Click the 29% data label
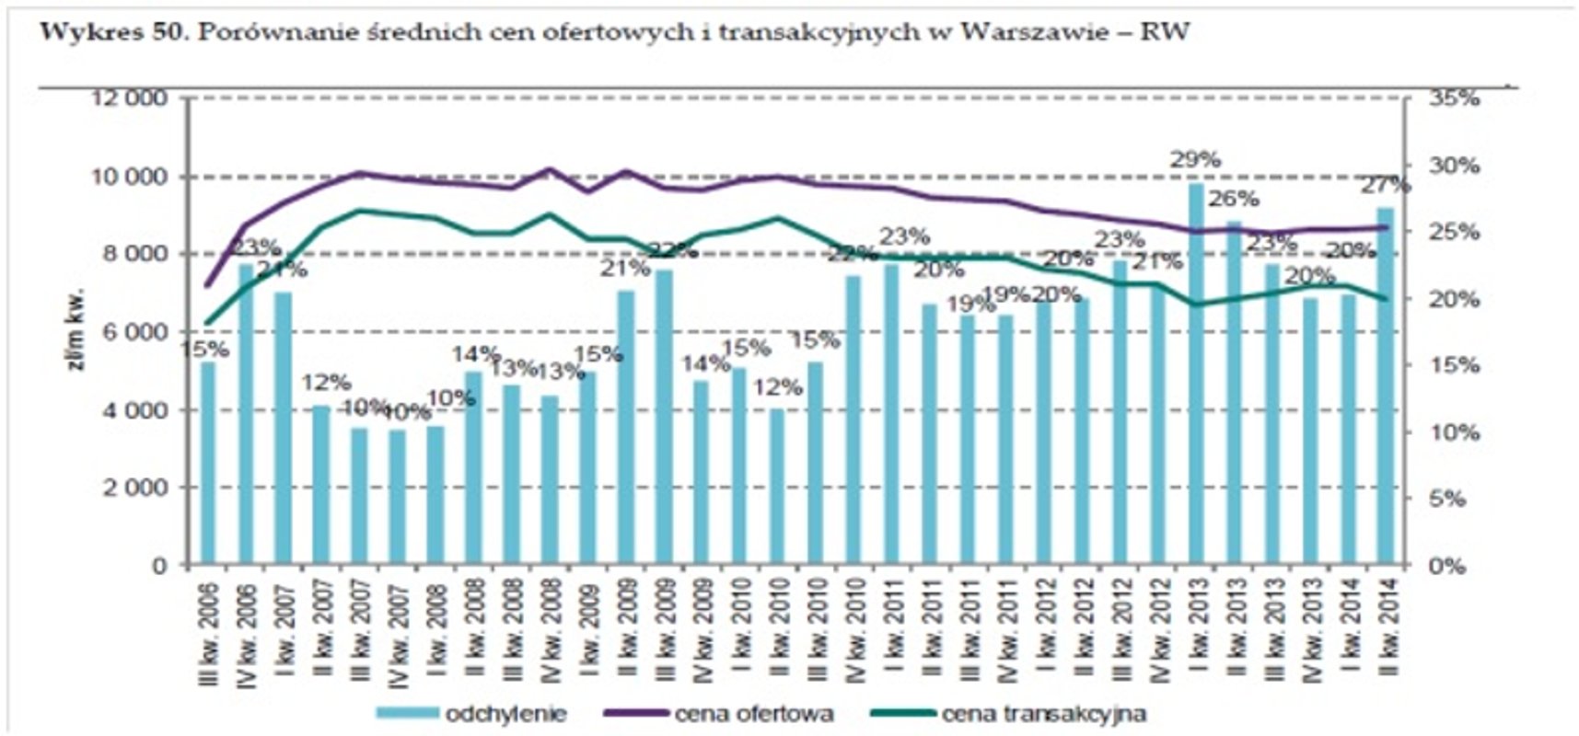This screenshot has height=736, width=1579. point(1195,159)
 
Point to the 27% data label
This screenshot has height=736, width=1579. point(1386,185)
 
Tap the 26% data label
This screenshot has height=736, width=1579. point(1234,199)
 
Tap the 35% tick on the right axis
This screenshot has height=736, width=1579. point(1454,98)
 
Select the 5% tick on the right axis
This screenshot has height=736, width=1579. point(1459,499)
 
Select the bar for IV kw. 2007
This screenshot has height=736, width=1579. point(398,497)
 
